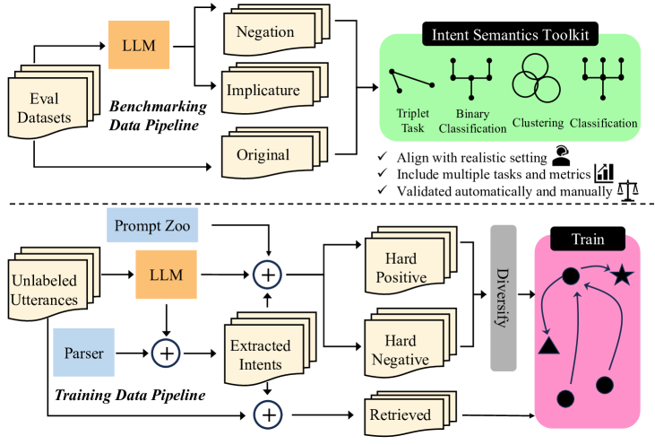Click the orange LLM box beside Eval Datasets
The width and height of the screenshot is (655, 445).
(x=139, y=45)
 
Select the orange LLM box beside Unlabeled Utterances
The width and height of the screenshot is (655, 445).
(x=167, y=275)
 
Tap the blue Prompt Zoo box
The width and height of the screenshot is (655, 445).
(x=152, y=225)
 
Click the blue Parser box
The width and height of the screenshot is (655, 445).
(x=84, y=353)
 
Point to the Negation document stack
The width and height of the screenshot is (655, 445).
(x=277, y=31)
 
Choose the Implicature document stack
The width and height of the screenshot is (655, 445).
(x=274, y=89)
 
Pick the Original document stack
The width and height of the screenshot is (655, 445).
(x=274, y=153)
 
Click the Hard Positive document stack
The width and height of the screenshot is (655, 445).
(x=411, y=260)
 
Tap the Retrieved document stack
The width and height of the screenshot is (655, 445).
(x=410, y=414)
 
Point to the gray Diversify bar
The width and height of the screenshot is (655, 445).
(x=504, y=298)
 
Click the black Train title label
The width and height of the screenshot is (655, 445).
(x=588, y=239)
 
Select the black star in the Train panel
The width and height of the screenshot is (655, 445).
(x=622, y=275)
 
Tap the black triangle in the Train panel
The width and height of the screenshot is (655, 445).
(x=549, y=346)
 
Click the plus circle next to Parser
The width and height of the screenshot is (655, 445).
(x=166, y=353)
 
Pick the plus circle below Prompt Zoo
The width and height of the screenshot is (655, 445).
(x=267, y=275)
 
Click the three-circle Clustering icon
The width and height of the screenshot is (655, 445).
(x=536, y=78)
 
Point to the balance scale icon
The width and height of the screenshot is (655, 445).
(x=628, y=192)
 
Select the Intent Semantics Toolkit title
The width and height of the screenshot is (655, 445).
(x=510, y=34)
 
